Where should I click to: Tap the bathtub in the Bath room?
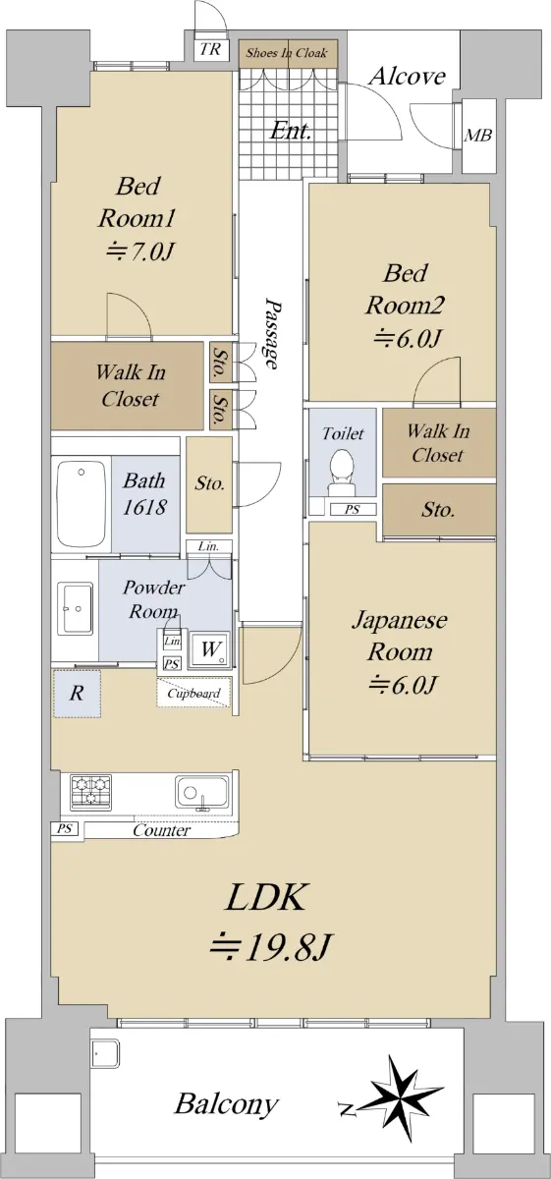point(82,505)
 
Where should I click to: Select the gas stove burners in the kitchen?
point(91,792)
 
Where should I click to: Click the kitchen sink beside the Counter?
point(202,794)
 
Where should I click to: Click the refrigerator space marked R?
point(77,694)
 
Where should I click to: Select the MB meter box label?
point(478,136)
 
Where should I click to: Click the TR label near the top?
point(210,49)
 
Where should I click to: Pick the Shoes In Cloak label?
point(287,53)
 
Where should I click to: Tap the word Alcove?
point(407,77)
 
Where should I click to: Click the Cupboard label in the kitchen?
point(193,694)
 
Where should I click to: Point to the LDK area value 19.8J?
point(271,946)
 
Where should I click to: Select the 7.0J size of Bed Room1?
point(139,252)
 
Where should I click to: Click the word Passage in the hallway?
point(273,335)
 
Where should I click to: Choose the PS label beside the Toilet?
point(352,509)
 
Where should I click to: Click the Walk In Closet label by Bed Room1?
point(131,385)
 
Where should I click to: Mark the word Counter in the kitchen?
point(161,830)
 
